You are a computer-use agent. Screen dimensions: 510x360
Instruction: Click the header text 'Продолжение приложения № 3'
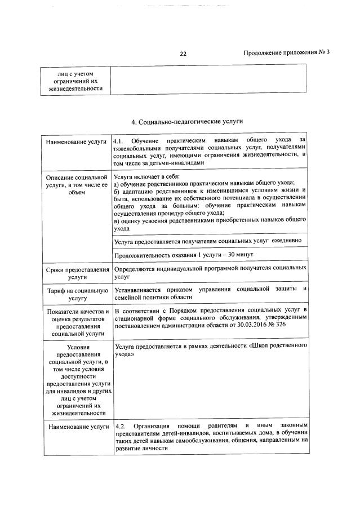click(286, 52)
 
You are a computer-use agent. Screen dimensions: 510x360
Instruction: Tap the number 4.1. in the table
click(119, 140)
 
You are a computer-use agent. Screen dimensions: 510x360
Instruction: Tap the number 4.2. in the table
click(120, 425)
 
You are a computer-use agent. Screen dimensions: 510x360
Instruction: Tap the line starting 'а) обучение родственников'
click(203, 183)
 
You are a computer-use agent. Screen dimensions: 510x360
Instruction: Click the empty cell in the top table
click(208, 79)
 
